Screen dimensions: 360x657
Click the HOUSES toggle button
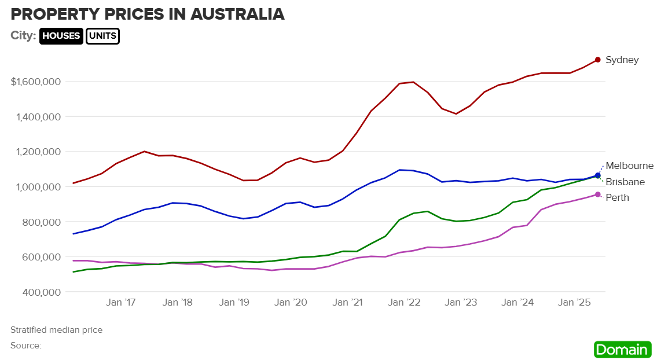click(x=61, y=36)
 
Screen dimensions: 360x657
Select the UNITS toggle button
click(x=102, y=36)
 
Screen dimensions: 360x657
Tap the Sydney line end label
click(x=622, y=60)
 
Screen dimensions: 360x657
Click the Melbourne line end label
click(x=629, y=166)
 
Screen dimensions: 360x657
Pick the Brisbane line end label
click(x=625, y=182)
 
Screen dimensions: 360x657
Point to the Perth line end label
click(x=617, y=197)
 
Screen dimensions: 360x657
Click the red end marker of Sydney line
click(x=597, y=60)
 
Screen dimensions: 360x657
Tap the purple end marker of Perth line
click(x=597, y=194)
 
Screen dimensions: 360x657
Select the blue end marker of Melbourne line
click(x=597, y=175)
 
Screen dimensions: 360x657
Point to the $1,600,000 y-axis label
click(x=36, y=81)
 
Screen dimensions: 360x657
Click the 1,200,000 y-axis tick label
click(x=39, y=152)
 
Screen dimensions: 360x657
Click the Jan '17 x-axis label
click(x=121, y=302)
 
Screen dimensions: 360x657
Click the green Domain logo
click(x=622, y=350)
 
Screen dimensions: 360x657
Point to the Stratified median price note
click(x=56, y=330)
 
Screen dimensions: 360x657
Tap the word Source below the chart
click(x=25, y=346)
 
